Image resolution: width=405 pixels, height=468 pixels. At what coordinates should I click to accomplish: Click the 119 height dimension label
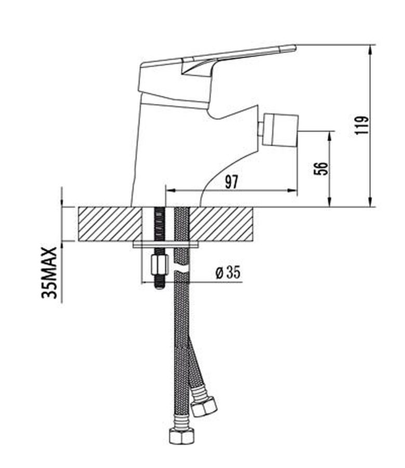[x=362, y=125]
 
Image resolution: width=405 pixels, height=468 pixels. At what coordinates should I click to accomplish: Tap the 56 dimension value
[x=321, y=168]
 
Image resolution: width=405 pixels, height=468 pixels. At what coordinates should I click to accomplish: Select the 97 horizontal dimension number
[x=231, y=182]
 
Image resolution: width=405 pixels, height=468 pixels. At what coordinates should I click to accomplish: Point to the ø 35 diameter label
[x=228, y=272]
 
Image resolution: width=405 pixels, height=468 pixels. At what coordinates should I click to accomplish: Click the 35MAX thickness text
[x=49, y=272]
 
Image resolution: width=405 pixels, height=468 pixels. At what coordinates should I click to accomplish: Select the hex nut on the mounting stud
[x=158, y=265]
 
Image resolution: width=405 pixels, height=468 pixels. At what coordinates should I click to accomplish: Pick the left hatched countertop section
[x=110, y=224]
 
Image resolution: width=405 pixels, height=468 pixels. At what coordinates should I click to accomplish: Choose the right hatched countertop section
[x=221, y=224]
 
